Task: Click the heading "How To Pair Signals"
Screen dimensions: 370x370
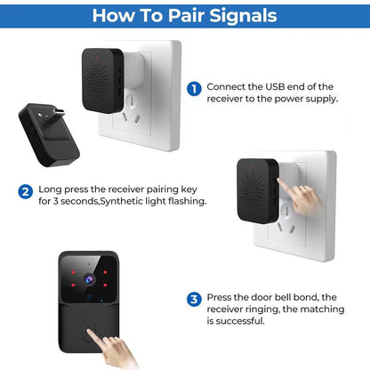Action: [184, 15]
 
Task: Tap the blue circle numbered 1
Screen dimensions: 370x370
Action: [193, 88]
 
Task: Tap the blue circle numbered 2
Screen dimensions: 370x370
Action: [26, 190]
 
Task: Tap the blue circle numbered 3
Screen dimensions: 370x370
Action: [194, 299]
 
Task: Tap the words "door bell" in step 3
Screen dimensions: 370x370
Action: [264, 299]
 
